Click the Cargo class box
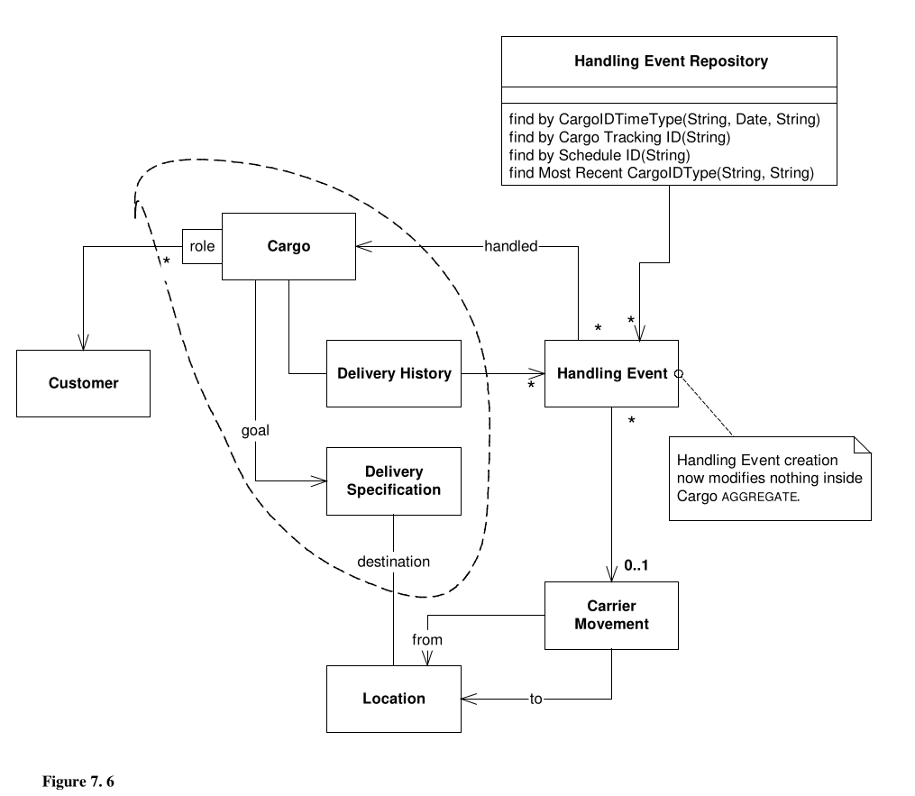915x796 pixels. [x=288, y=245]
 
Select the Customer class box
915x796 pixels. [x=83, y=383]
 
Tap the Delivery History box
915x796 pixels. [x=393, y=373]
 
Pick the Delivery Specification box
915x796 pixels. [x=393, y=481]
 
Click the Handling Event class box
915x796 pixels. [x=611, y=373]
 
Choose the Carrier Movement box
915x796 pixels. [x=611, y=615]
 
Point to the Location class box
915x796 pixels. [x=393, y=699]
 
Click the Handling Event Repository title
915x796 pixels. [x=671, y=61]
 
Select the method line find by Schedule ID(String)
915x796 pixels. [x=599, y=155]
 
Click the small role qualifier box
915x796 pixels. [x=202, y=245]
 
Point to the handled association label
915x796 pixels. [x=510, y=245]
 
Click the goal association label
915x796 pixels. [x=255, y=430]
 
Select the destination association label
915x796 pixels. [x=393, y=562]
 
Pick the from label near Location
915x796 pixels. [x=427, y=639]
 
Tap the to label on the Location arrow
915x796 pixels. [x=536, y=699]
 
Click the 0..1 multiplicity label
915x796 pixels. [x=636, y=566]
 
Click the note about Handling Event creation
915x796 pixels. [x=769, y=479]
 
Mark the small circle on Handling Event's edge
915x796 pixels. [x=681, y=373]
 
